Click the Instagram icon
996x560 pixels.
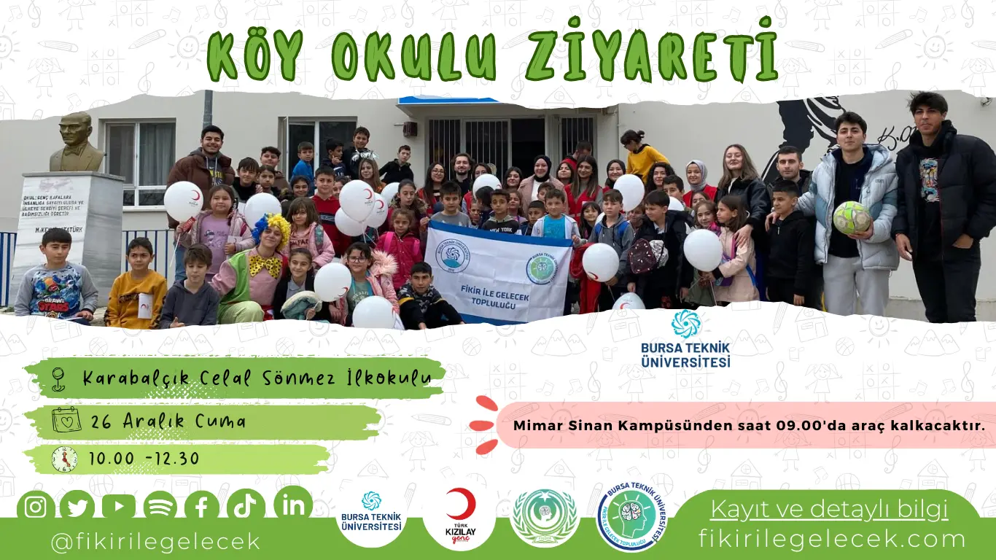[x=35, y=507]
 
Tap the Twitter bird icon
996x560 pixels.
[x=77, y=507]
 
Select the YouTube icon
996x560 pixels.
[x=118, y=507]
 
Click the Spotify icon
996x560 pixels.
[x=160, y=507]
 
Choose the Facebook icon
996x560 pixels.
[x=202, y=507]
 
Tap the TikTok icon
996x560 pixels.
[x=245, y=505]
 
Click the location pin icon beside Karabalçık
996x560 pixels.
[x=58, y=378]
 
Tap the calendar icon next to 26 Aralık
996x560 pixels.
[x=66, y=420]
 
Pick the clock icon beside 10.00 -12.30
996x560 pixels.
[x=64, y=459]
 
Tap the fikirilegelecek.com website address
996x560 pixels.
[x=832, y=539]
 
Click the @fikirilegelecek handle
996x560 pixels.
[x=155, y=542]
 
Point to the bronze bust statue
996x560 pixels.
[x=77, y=142]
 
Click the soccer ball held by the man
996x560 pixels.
[x=852, y=217]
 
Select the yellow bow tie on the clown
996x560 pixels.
[x=266, y=265]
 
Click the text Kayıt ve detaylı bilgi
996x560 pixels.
[x=829, y=508]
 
